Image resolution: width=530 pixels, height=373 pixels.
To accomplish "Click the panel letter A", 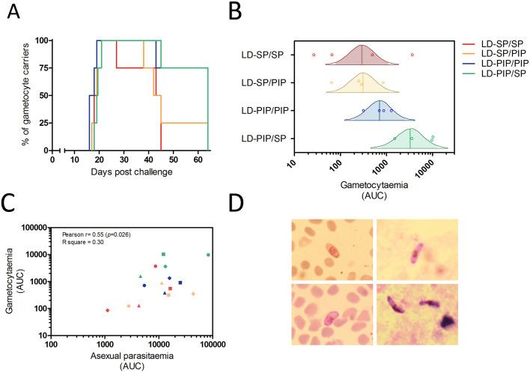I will point(11,11).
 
